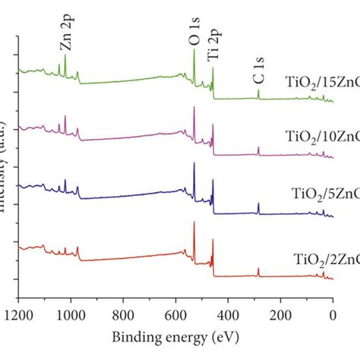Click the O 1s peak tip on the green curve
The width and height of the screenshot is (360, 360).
click(194, 50)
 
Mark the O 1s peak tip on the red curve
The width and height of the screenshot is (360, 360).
click(194, 223)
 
